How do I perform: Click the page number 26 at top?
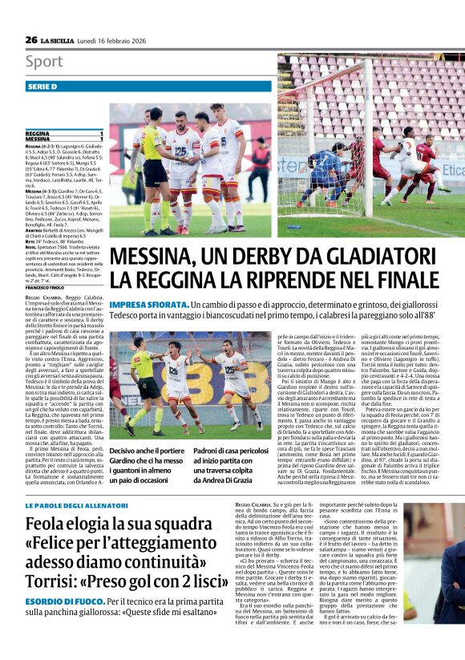pos(30,39)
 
